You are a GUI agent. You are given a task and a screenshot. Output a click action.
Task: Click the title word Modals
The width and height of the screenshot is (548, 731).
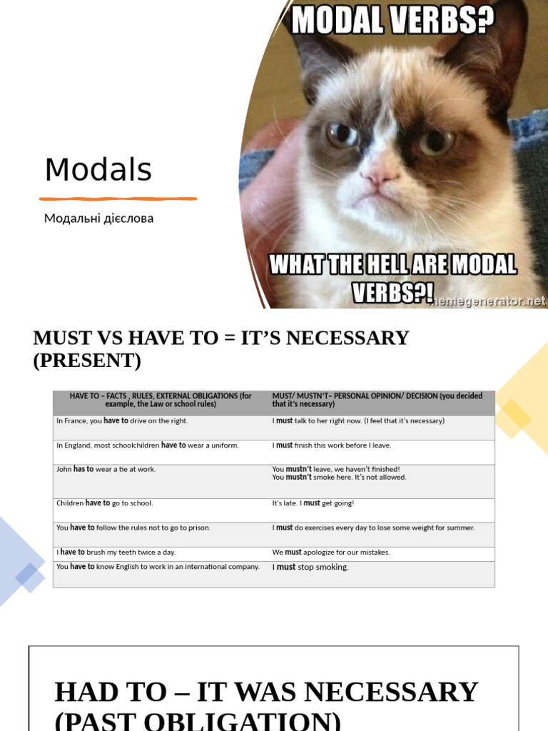click(98, 170)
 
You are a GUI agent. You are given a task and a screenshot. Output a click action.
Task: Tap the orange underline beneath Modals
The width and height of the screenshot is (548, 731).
click(118, 198)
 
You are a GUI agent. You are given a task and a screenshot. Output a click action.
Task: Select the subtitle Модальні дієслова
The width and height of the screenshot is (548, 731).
click(98, 218)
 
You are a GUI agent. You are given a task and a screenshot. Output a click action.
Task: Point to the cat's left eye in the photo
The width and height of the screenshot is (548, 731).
click(342, 133)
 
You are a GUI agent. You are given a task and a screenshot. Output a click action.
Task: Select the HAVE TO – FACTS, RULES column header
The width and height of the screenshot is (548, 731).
click(161, 400)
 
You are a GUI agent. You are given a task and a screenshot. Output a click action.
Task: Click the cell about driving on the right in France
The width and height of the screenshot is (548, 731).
click(122, 421)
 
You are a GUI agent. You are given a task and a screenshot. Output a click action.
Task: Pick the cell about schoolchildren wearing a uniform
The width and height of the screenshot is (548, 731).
click(148, 445)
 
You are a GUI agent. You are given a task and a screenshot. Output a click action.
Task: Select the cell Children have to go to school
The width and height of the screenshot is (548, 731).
click(104, 503)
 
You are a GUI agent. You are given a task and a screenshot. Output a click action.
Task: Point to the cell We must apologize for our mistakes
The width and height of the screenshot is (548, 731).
click(331, 553)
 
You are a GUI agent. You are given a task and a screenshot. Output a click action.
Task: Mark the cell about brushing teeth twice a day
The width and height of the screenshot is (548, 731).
click(116, 553)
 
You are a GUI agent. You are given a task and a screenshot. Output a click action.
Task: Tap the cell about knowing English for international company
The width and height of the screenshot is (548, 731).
click(158, 567)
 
